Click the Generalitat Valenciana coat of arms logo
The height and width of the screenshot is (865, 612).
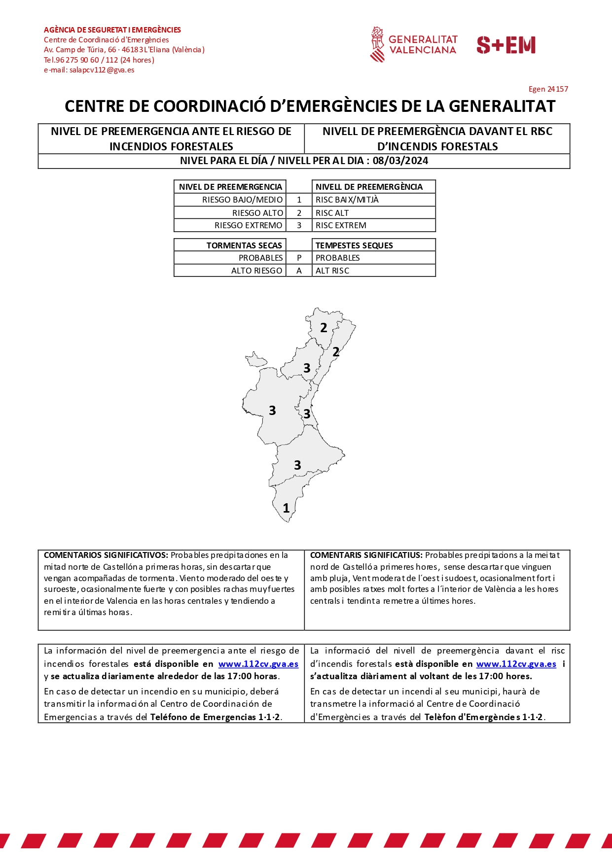(377, 44)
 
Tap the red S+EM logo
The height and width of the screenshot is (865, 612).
(506, 45)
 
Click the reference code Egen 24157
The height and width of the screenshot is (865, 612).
(548, 89)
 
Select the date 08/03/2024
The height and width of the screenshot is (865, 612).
(400, 161)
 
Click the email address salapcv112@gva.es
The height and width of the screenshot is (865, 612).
(102, 70)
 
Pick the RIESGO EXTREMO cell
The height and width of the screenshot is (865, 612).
(248, 225)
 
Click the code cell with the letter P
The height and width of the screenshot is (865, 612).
(299, 258)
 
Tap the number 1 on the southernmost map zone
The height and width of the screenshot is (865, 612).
(286, 508)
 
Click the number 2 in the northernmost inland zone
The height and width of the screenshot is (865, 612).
(324, 328)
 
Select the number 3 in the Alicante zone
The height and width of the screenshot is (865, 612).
(297, 465)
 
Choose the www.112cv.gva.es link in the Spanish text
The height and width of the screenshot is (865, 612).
(258, 664)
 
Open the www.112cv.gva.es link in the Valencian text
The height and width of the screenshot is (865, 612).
(516, 664)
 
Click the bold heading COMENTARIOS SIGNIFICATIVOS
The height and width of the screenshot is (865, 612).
(106, 555)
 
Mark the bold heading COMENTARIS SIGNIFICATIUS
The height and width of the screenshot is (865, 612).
(366, 555)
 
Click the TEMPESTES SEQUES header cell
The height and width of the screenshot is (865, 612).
(354, 245)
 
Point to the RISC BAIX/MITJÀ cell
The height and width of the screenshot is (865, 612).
(347, 200)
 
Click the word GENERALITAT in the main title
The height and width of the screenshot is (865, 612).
(502, 106)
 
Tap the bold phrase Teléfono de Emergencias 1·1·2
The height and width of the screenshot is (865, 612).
(216, 717)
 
